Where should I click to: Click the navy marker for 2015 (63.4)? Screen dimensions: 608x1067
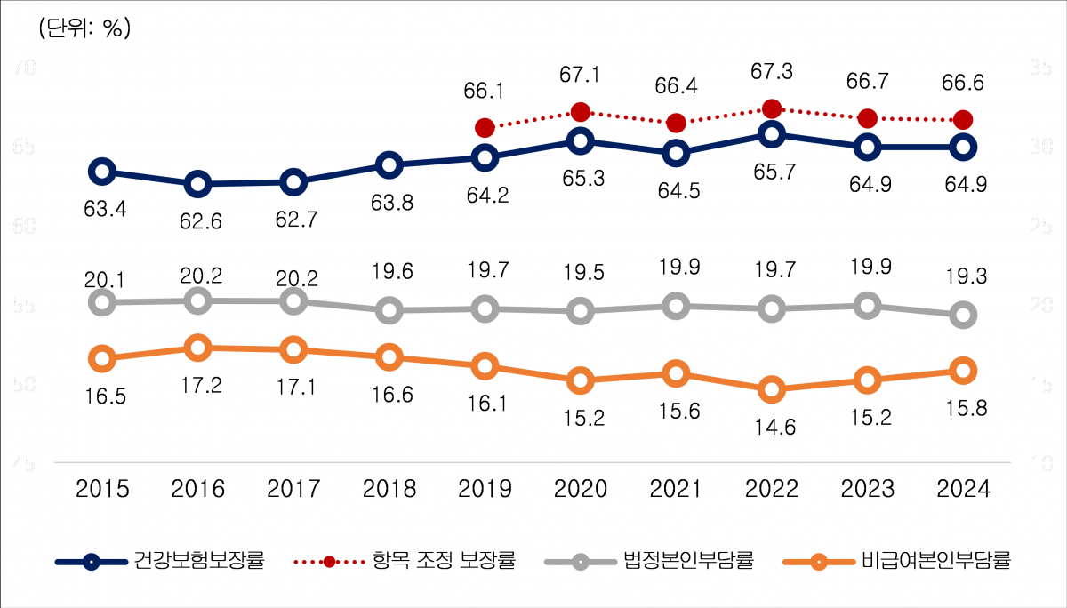[102, 171]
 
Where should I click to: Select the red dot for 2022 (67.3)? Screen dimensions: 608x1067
[772, 108]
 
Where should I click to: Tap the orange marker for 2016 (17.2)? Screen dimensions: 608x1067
[198, 348]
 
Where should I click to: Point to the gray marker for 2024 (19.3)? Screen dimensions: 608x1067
[962, 315]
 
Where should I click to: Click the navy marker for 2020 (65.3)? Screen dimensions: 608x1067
[581, 140]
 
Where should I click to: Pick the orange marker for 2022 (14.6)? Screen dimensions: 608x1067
[772, 389]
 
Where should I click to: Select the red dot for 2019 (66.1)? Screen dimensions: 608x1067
[485, 128]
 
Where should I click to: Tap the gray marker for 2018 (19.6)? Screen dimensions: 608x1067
[389, 310]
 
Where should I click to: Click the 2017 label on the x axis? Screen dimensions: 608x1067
[293, 488]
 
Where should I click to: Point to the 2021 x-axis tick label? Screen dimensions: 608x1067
[677, 488]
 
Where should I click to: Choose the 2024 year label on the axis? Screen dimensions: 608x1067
[963, 488]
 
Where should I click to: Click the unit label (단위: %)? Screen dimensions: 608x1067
[85, 28]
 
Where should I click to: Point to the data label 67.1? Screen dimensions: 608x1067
[581, 75]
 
